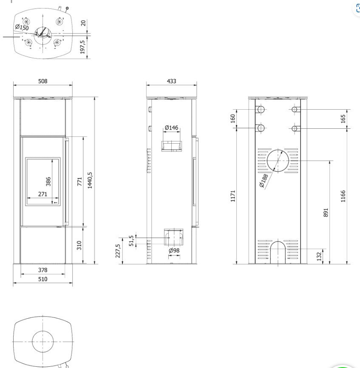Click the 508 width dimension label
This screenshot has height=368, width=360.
[43, 81]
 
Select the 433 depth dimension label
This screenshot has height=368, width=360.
[171, 81]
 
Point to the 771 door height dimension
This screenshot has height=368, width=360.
[79, 182]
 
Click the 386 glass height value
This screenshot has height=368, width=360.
[48, 181]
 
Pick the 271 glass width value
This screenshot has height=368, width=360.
[43, 194]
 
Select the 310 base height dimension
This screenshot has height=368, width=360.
[79, 245]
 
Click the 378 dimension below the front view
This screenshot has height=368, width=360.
[43, 270]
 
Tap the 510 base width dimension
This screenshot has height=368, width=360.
[43, 279]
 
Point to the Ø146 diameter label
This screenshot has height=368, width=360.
[171, 127]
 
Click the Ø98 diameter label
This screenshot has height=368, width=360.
[174, 251]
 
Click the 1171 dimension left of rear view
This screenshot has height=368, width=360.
[233, 196]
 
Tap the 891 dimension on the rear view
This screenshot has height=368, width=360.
[326, 213]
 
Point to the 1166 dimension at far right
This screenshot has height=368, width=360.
[343, 196]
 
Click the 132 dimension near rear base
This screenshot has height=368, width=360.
[319, 256]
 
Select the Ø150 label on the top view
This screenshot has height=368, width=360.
[22, 28]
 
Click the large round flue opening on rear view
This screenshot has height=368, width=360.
[277, 161]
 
